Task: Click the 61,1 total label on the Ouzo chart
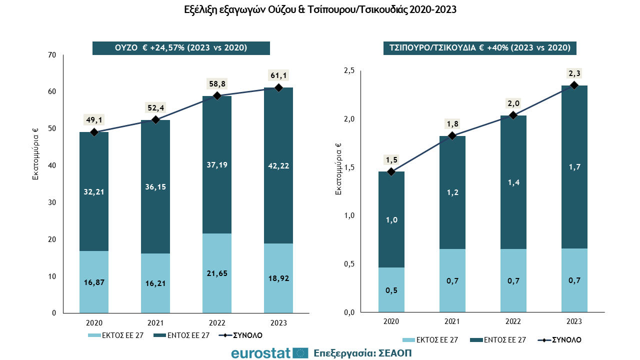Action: pos(278,75)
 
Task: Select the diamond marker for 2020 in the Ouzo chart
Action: pos(94,132)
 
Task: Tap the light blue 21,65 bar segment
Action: pos(217,273)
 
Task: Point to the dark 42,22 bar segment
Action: pos(278,165)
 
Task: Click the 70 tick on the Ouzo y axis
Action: pos(52,54)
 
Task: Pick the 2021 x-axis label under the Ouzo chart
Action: pos(155,323)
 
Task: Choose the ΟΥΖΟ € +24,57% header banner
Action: pos(181,47)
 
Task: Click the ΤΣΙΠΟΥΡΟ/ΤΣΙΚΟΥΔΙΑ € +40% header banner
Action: pos(479,47)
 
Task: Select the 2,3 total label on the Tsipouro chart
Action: pos(574,73)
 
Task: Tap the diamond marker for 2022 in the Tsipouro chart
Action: pos(513,115)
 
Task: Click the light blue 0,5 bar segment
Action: pos(391,289)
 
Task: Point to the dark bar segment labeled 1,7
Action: pos(574,167)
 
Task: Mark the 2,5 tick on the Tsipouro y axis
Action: pos(349,70)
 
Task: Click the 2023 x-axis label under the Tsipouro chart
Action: pos(574,321)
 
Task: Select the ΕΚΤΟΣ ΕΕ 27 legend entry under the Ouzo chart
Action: pos(115,335)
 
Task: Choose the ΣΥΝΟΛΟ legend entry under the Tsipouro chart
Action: pos(559,340)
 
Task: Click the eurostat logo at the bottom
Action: pos(269,353)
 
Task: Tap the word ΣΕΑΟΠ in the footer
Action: pos(395,353)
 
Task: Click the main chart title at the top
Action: pos(320,9)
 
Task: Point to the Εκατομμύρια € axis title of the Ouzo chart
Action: pos(35,154)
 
